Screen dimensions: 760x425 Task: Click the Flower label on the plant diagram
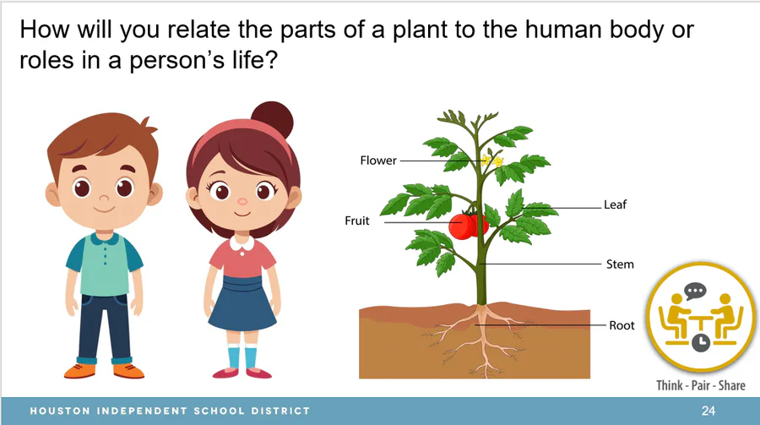pyautogui.click(x=378, y=160)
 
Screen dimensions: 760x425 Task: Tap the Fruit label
pyautogui.click(x=356, y=221)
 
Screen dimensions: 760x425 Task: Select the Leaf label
pyautogui.click(x=615, y=204)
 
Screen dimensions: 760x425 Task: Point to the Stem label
pyautogui.click(x=620, y=264)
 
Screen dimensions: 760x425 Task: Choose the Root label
pyautogui.click(x=622, y=325)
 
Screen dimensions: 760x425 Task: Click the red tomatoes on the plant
pyautogui.click(x=468, y=226)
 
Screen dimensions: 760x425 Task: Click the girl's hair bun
pyautogui.click(x=273, y=119)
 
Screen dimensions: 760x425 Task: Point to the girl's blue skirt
pyautogui.click(x=242, y=303)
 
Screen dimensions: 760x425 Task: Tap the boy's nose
pyautogui.click(x=104, y=198)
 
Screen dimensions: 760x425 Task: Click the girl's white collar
pyautogui.click(x=242, y=242)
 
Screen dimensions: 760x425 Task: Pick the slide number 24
pyautogui.click(x=708, y=411)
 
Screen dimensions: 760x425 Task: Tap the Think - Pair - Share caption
pyautogui.click(x=701, y=385)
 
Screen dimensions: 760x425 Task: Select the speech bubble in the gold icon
pyautogui.click(x=695, y=292)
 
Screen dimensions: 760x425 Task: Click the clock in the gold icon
pyautogui.click(x=700, y=342)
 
